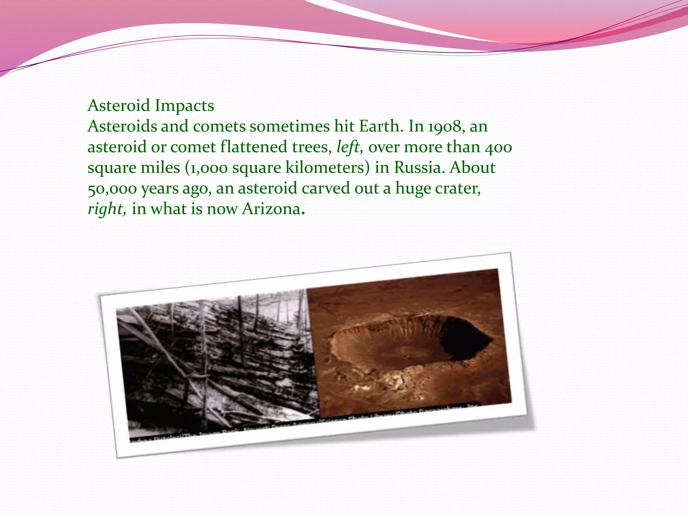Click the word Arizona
(271, 209)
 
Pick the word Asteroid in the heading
(119, 106)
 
